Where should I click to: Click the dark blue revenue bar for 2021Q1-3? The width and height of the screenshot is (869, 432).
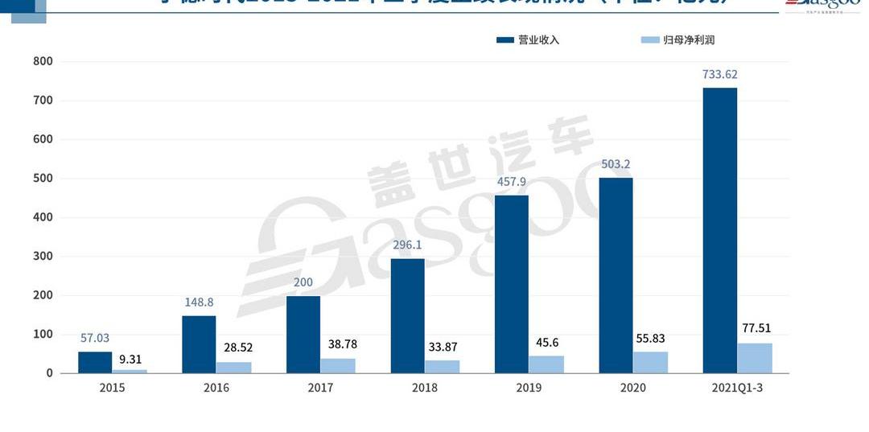[x=719, y=230]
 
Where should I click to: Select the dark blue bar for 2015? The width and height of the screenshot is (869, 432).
[x=95, y=362]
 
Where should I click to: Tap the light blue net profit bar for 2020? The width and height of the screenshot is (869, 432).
[x=650, y=362]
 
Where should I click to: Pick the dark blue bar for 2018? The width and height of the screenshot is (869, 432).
[x=407, y=315]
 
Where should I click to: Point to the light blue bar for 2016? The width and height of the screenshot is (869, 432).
[x=233, y=367]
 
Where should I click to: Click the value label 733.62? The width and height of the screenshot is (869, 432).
[x=719, y=75]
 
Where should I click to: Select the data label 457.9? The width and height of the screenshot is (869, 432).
[x=511, y=182]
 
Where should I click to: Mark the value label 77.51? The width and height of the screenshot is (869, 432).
[x=754, y=328]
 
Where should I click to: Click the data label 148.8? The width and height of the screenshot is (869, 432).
[x=199, y=302]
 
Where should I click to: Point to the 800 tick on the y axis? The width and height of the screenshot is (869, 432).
[x=43, y=61]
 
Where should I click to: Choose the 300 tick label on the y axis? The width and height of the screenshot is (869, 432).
[x=43, y=257]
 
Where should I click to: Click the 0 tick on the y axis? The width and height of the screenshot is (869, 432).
[x=49, y=373]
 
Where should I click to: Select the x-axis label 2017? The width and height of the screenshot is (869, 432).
[x=320, y=388]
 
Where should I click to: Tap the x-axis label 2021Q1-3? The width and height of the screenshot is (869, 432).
[x=737, y=388]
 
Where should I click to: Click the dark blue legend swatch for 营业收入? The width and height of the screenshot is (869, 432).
[x=505, y=39]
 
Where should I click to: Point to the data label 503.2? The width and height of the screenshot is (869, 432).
[x=616, y=165]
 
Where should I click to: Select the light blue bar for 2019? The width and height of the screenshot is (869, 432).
[x=546, y=364]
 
